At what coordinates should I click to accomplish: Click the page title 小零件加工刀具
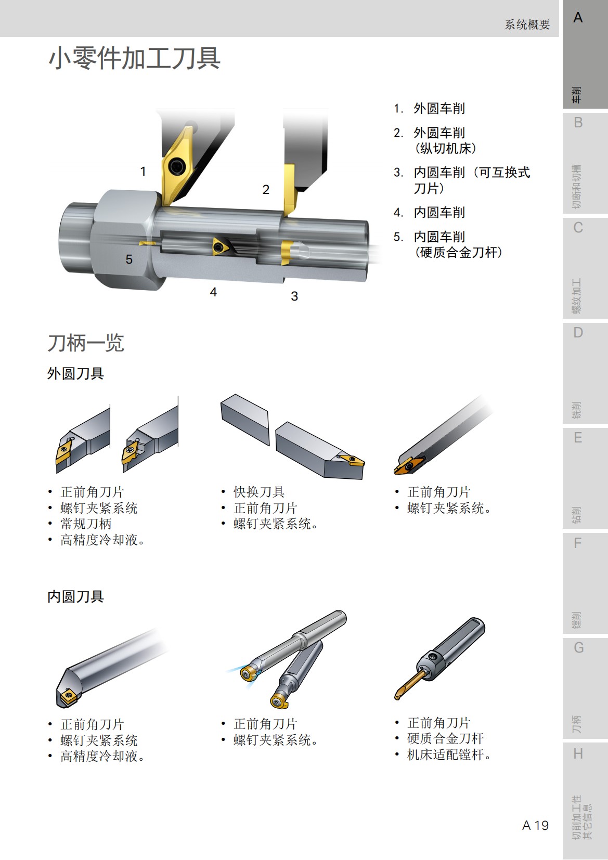point(134,58)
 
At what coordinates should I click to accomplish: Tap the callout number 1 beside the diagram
point(143,172)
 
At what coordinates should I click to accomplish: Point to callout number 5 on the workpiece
point(129,259)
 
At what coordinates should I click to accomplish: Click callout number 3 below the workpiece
point(294,296)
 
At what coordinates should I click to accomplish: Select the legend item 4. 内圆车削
point(430,213)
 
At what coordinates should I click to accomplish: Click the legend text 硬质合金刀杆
point(458,253)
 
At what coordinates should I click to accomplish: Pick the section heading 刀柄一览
point(86,343)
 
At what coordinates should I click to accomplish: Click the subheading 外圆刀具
point(75,373)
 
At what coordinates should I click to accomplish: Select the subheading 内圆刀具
point(75,596)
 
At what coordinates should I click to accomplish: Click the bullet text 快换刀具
point(259,492)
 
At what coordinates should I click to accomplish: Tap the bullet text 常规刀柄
point(86,524)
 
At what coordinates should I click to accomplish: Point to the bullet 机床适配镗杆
point(448,754)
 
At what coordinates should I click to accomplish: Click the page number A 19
point(535,825)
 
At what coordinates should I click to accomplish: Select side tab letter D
point(578,333)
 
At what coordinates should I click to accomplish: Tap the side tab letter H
point(578,753)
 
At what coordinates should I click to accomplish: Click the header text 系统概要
point(527,24)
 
